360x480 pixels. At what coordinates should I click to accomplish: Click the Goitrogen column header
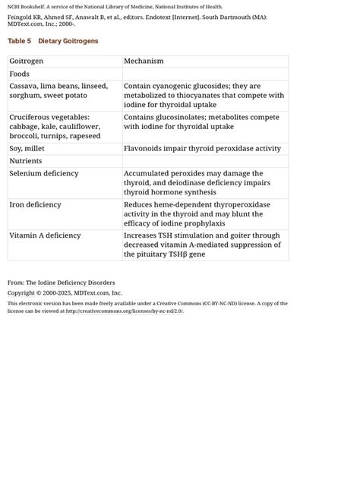point(26,61)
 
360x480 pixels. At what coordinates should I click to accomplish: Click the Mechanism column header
point(144,61)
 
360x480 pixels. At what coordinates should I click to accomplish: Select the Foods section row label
point(19,74)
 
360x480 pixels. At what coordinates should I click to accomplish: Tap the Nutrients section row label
point(25,161)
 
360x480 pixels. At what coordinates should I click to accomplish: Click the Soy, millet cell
point(30,149)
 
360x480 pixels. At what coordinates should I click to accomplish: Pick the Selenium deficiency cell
point(44,174)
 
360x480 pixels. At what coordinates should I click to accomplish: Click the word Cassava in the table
point(24,87)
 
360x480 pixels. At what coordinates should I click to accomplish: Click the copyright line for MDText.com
point(65,292)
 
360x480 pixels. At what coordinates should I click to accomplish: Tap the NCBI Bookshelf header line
point(115,7)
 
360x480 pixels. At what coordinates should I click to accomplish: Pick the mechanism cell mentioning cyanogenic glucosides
point(204,96)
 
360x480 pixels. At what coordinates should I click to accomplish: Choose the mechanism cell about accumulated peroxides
point(197,183)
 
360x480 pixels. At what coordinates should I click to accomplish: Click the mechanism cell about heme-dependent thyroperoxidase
point(199,214)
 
